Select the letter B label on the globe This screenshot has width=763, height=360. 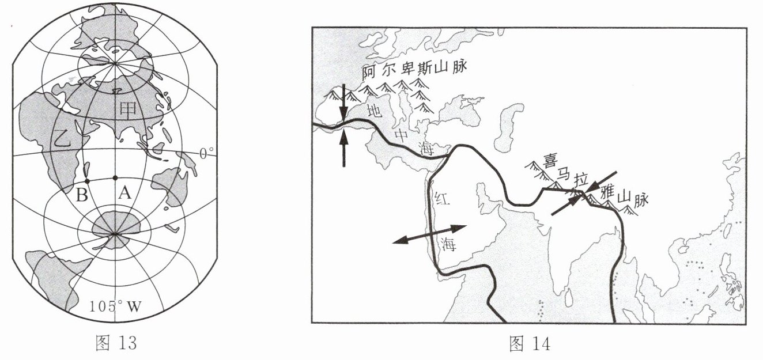(82, 194)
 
